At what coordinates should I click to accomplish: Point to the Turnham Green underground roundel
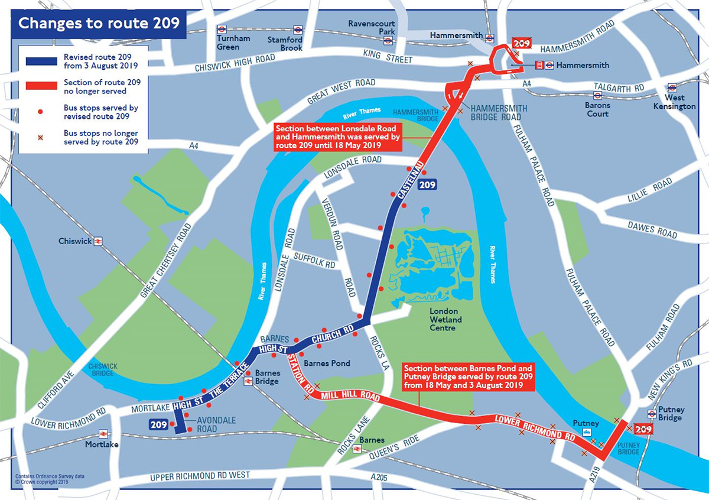pyautogui.click(x=222, y=29)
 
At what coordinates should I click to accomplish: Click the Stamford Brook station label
pyautogui.click(x=284, y=44)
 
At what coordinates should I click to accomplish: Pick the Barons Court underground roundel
pyautogui.click(x=597, y=95)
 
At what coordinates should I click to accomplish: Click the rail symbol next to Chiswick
pyautogui.click(x=98, y=241)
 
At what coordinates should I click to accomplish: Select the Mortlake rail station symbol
pyautogui.click(x=104, y=434)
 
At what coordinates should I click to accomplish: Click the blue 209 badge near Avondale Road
pyautogui.click(x=158, y=424)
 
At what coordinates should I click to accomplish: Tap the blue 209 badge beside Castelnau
pyautogui.click(x=428, y=185)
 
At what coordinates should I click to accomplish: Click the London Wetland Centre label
pyautogui.click(x=446, y=320)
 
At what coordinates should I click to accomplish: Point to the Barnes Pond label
pyautogui.click(x=326, y=363)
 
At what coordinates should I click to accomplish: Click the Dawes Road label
pyautogui.click(x=652, y=230)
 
